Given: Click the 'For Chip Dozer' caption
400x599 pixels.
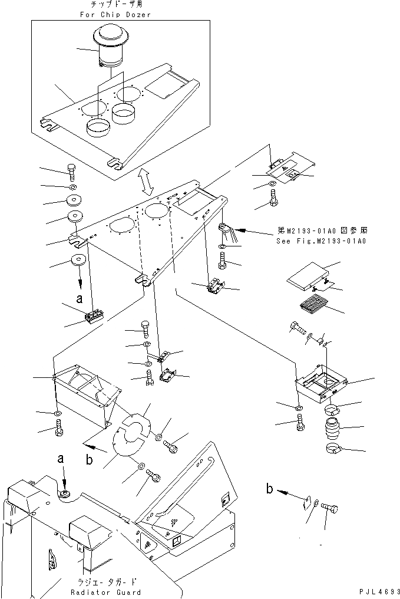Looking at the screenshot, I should coord(118,15).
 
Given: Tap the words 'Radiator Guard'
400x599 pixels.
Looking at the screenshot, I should coord(105,592).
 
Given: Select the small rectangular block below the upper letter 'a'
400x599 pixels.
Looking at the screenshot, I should coord(94,318).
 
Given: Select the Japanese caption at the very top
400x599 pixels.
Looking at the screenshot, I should coord(118,5).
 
